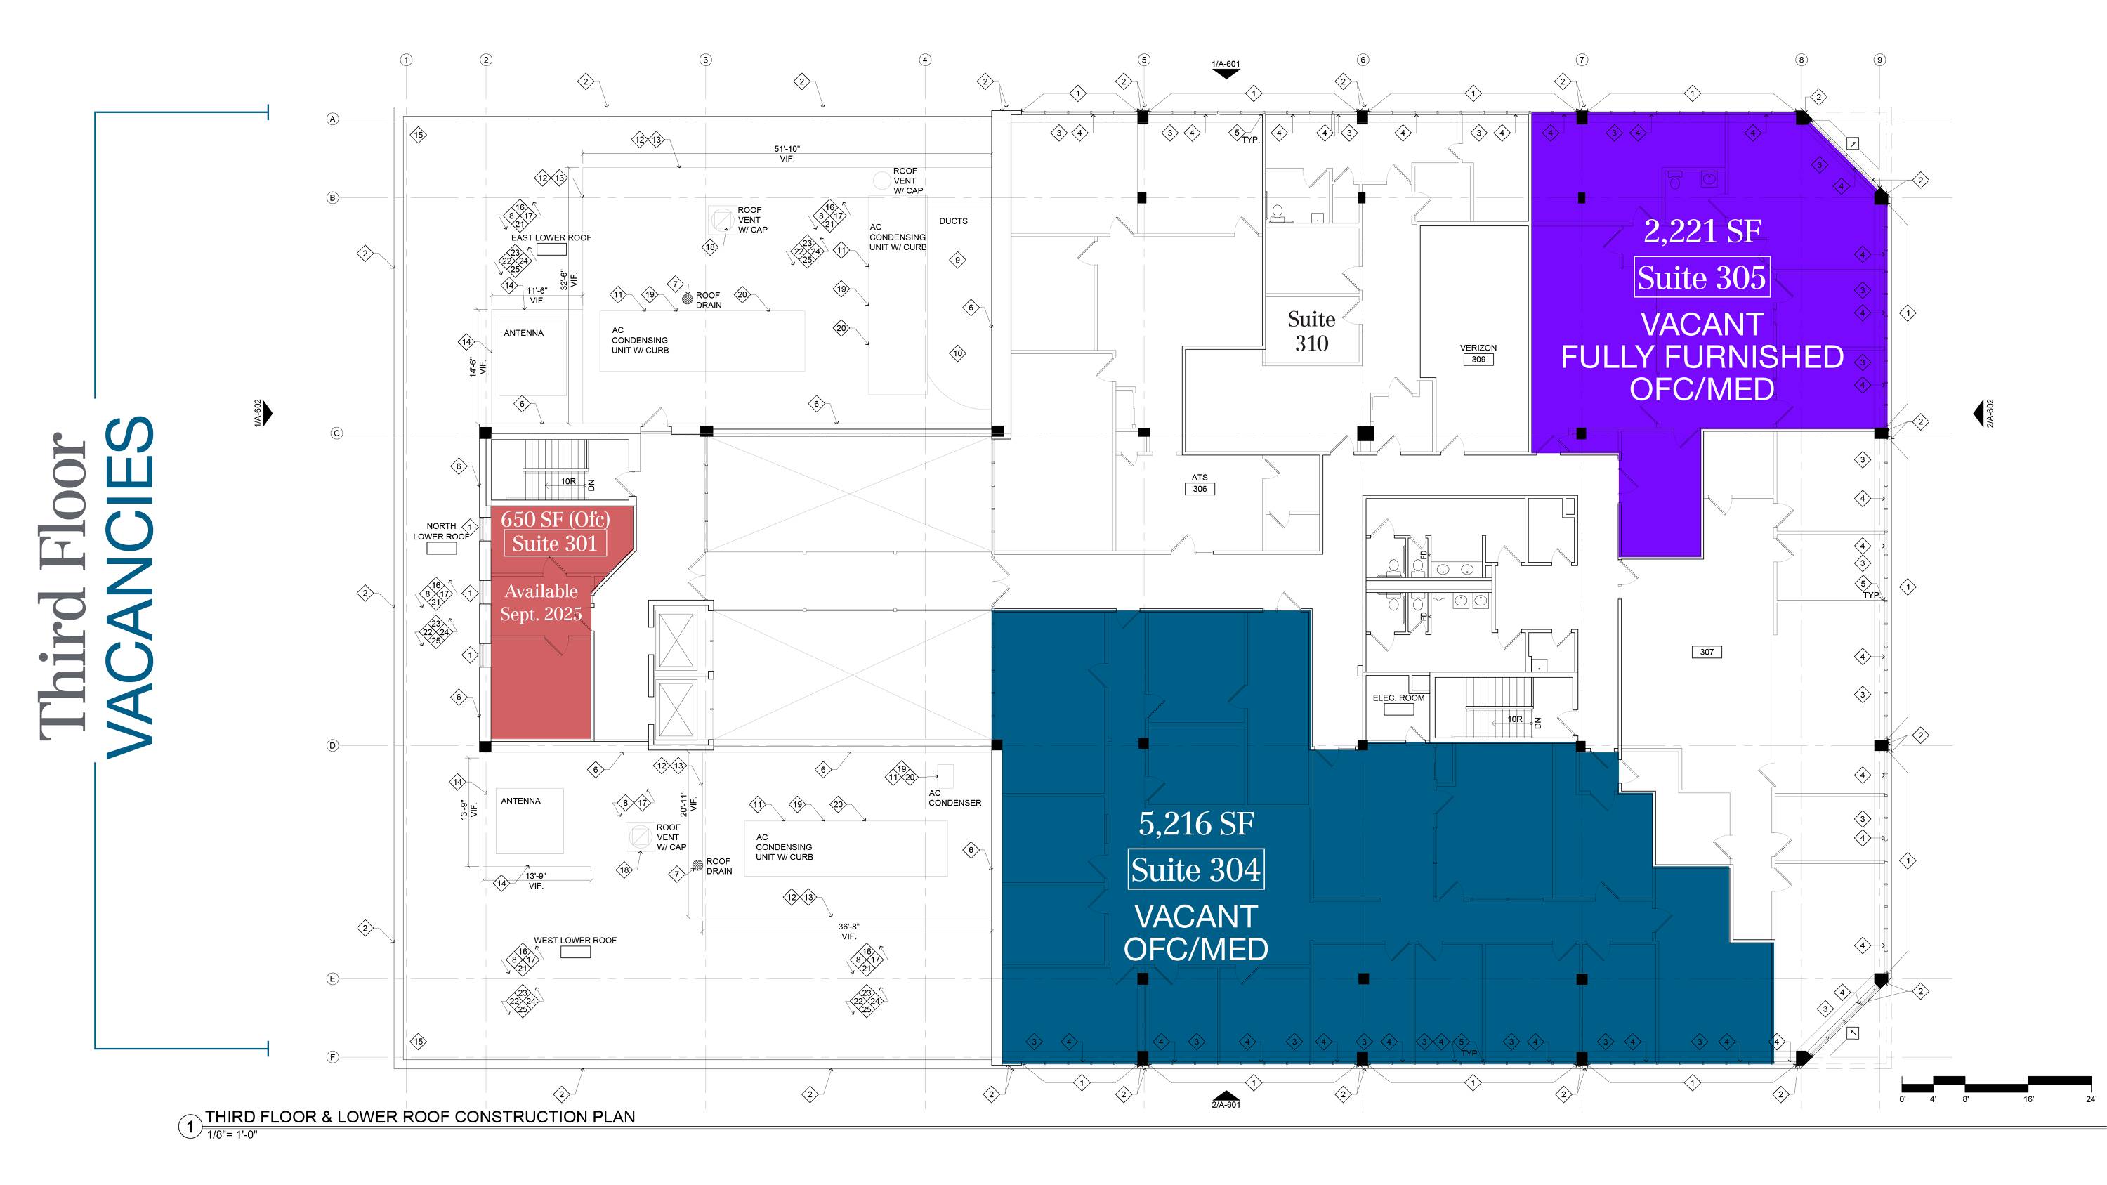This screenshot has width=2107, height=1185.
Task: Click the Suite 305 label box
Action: [1701, 278]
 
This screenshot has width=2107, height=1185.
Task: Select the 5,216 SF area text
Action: [1196, 823]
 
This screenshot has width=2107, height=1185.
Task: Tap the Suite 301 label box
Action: [555, 544]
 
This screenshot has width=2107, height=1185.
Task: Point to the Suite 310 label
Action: [1311, 332]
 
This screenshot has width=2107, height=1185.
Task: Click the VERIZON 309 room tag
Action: [1478, 353]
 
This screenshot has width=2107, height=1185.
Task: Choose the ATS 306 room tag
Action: [1199, 483]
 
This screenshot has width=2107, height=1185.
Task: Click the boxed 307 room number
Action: [1706, 652]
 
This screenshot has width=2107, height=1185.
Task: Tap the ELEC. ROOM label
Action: [1398, 698]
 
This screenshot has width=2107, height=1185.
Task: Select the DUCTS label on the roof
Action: [953, 221]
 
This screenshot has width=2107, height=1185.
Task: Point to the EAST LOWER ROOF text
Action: [551, 238]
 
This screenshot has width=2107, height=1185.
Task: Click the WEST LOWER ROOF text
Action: [575, 941]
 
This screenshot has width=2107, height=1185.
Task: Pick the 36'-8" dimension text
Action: [848, 927]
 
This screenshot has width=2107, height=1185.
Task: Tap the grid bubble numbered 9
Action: [1879, 60]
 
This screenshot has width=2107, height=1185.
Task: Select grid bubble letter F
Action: [332, 1056]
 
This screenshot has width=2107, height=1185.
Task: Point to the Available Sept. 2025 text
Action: [541, 603]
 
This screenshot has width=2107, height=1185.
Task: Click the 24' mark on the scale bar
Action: [2091, 1100]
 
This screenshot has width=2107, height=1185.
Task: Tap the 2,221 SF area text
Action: [1701, 231]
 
